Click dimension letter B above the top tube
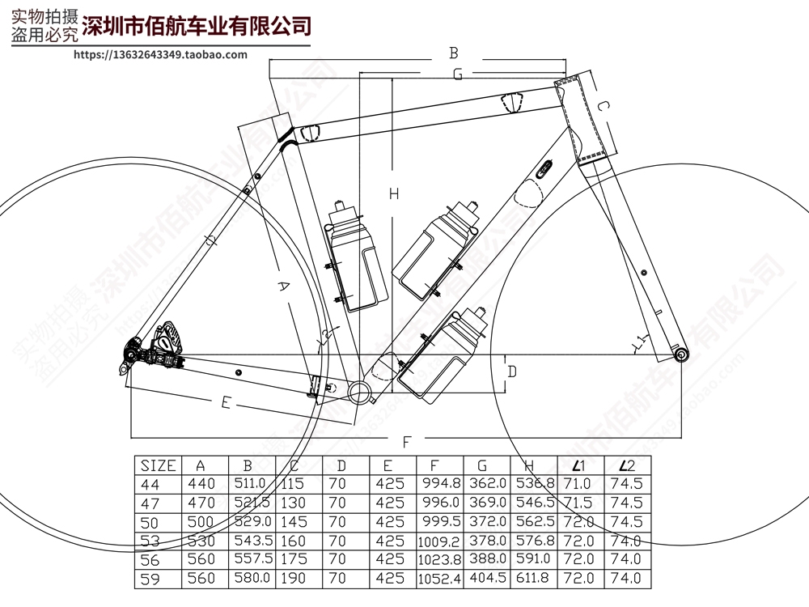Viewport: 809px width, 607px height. point(454,53)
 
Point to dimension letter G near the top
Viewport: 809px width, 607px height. point(457,74)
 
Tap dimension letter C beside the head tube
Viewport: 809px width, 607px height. point(603,107)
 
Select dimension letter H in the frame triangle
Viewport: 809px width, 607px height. point(394,194)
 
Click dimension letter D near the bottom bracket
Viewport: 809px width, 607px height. point(512,371)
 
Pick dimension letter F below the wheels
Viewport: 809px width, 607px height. point(408,441)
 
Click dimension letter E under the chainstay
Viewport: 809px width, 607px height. point(226,402)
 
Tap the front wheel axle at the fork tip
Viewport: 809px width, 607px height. point(680,354)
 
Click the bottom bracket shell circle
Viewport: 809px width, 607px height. point(358,392)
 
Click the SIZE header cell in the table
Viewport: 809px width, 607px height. point(158,465)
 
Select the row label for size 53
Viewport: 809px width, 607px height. point(151,541)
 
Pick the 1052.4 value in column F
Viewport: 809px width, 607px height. point(439,579)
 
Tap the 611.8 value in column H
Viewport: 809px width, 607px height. point(533,579)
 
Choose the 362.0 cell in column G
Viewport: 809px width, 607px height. point(486,484)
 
